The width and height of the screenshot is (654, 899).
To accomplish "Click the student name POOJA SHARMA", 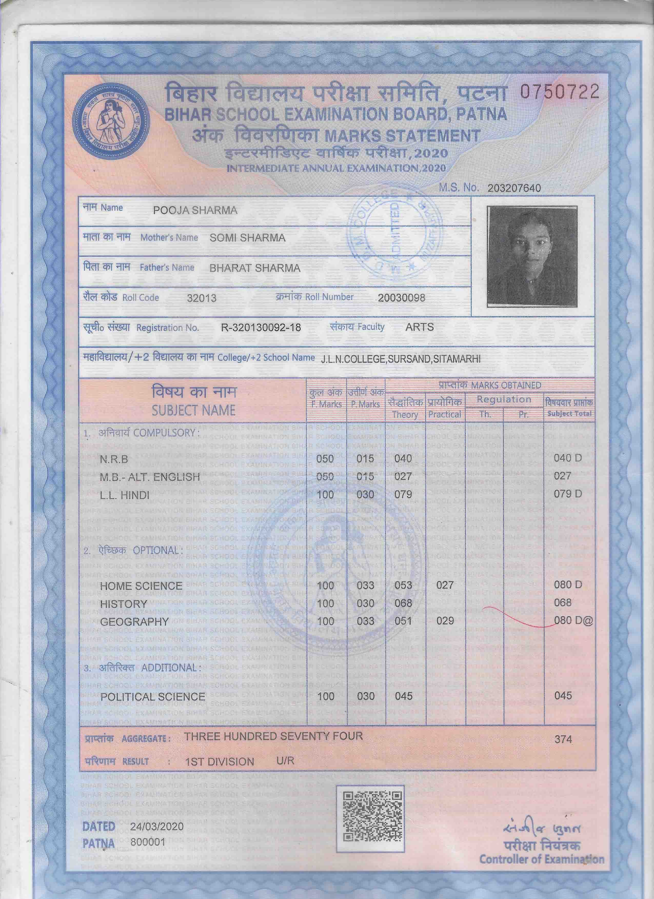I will click(195, 210).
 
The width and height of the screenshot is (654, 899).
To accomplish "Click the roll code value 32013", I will click(202, 298).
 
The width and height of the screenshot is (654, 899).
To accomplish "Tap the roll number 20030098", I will click(401, 298).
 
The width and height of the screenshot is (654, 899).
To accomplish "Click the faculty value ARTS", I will click(419, 327).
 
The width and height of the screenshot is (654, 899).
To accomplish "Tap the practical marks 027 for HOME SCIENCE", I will click(445, 585).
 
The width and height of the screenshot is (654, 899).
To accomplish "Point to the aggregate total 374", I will click(563, 739).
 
